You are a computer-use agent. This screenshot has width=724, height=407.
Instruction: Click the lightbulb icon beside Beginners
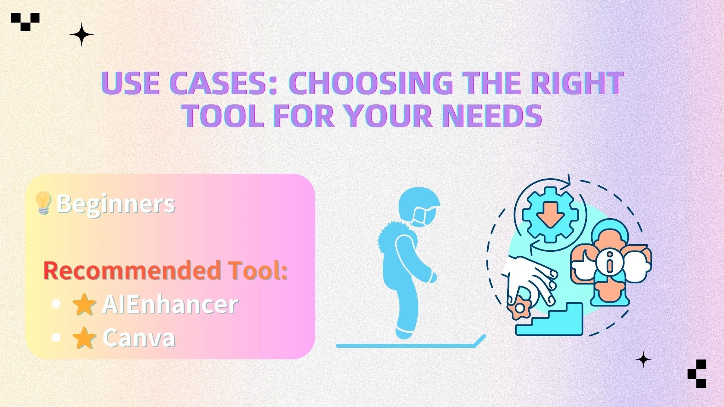point(43,203)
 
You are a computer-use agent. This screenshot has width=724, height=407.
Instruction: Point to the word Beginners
point(116,204)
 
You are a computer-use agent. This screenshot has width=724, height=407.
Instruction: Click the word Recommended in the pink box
point(132,271)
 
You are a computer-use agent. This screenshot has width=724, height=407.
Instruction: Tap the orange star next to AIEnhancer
point(84,304)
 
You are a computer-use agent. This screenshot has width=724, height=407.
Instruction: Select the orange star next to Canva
point(84,338)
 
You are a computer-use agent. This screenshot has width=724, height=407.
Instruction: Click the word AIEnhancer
point(170,304)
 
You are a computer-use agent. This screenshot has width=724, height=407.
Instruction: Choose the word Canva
point(139,338)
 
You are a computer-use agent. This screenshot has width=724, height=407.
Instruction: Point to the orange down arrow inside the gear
point(550,215)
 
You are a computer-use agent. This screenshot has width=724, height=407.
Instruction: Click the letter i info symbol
point(610,262)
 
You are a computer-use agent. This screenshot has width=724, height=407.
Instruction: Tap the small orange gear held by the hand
point(520,308)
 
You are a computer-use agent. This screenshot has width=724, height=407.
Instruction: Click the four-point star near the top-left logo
point(81,35)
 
